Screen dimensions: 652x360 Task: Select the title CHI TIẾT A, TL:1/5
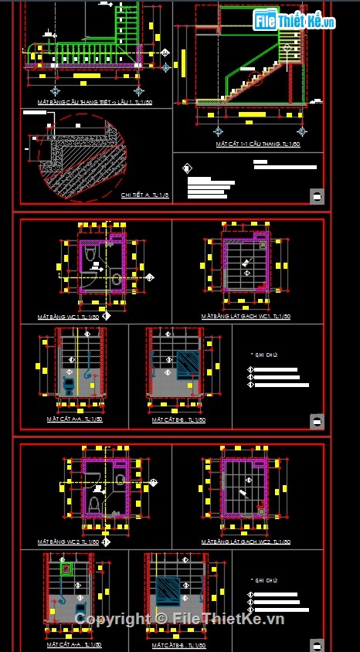[x=144, y=195]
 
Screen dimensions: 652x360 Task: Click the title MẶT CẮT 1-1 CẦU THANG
[x=248, y=144]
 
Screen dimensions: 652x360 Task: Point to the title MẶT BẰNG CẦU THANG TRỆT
[x=94, y=102]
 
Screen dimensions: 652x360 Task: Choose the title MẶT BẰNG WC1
[x=68, y=317]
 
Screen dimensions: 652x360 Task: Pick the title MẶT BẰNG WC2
[x=68, y=542]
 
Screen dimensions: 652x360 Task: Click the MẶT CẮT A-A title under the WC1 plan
[x=74, y=419]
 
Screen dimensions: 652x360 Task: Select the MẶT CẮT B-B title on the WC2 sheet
[x=177, y=644]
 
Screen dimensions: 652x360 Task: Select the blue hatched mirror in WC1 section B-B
[x=187, y=362]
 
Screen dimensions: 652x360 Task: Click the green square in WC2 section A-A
[x=67, y=570]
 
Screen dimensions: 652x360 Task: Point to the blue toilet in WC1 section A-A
[x=70, y=383]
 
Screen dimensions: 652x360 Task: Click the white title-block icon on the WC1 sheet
[x=316, y=421]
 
